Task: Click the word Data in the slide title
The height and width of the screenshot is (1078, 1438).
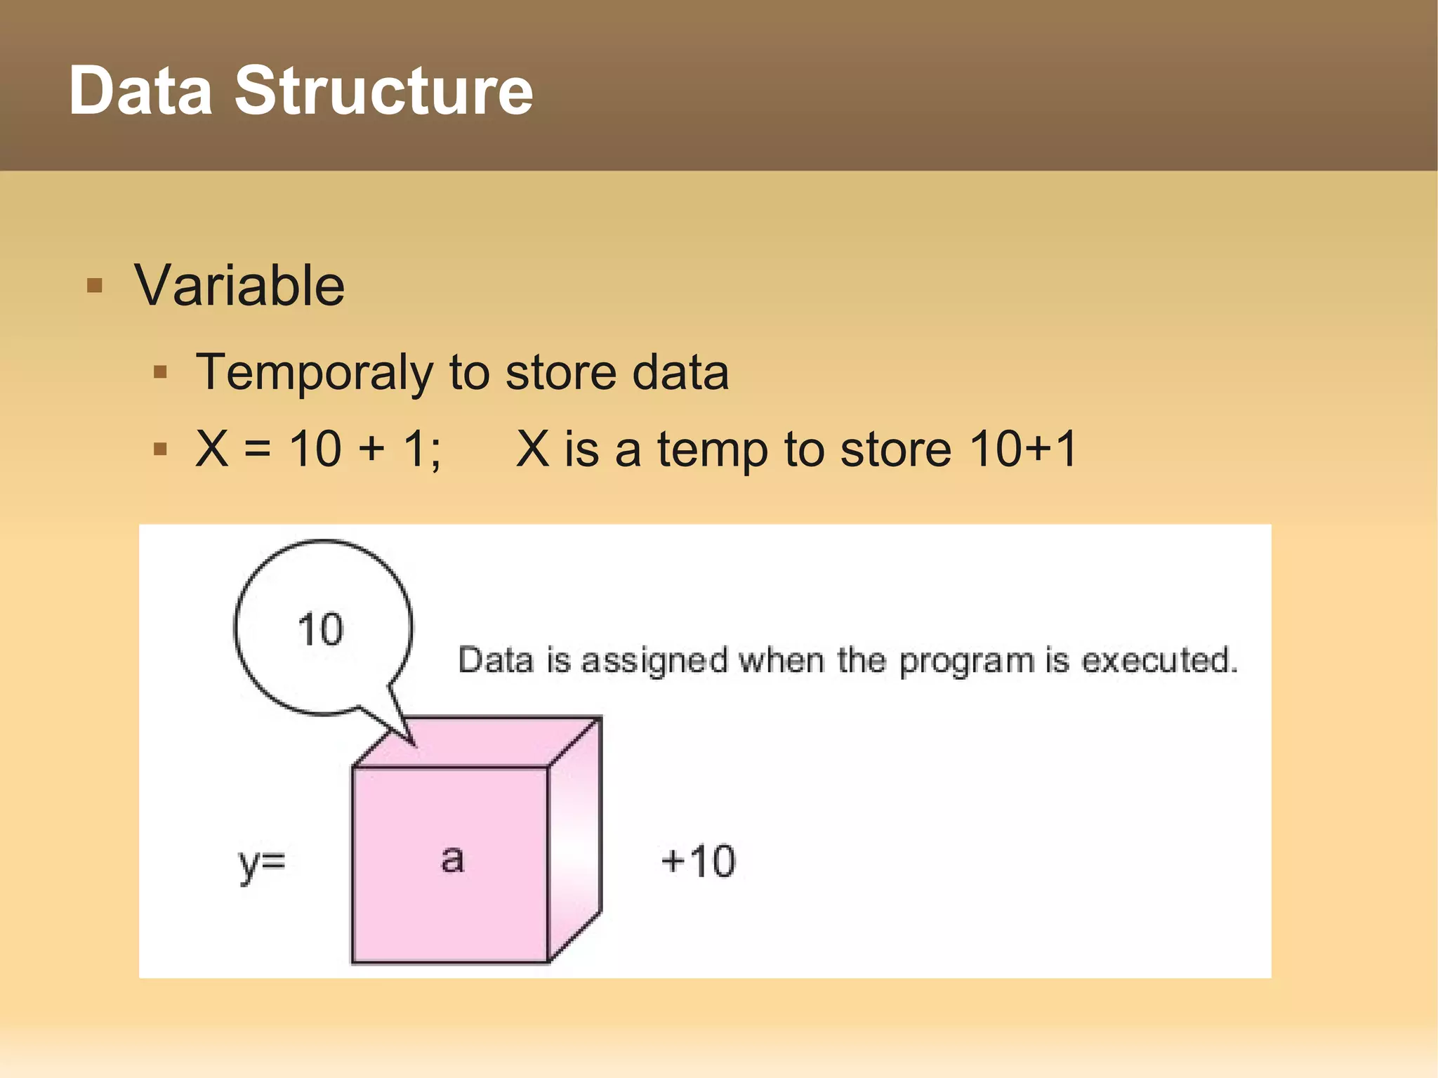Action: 140,91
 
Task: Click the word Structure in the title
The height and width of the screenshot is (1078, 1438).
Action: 383,91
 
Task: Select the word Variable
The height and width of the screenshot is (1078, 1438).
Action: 239,286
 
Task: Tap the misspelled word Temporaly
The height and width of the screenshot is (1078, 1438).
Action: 314,373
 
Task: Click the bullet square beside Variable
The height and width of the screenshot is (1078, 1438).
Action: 95,286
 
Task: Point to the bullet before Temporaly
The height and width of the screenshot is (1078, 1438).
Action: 160,372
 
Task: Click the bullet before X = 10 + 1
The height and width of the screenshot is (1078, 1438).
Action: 160,449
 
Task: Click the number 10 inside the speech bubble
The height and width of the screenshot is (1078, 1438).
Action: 320,629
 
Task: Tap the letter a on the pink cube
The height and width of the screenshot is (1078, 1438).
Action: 452,859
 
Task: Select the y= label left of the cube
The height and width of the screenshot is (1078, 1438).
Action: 262,862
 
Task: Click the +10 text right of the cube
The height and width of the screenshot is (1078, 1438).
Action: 698,861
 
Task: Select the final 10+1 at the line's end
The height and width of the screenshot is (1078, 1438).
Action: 1022,449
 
